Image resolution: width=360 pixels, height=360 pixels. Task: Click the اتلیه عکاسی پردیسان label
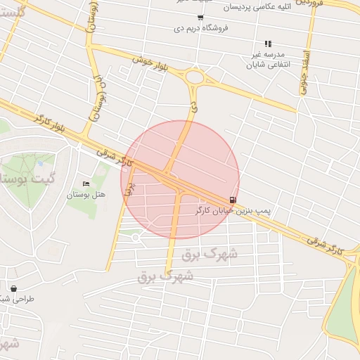coord(259,7)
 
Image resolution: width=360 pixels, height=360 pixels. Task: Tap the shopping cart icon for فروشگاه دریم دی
coord(201,18)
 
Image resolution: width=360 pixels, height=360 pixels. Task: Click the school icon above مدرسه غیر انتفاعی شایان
coord(267,44)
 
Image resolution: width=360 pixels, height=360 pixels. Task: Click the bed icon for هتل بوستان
coord(86,184)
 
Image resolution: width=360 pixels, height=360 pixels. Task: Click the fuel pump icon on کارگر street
coord(233,200)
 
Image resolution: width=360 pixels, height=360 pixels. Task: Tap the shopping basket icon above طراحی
coord(13,288)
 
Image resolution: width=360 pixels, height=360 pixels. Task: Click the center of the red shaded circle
coord(180,180)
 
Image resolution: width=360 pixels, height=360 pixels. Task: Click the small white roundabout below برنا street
coord(135,237)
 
